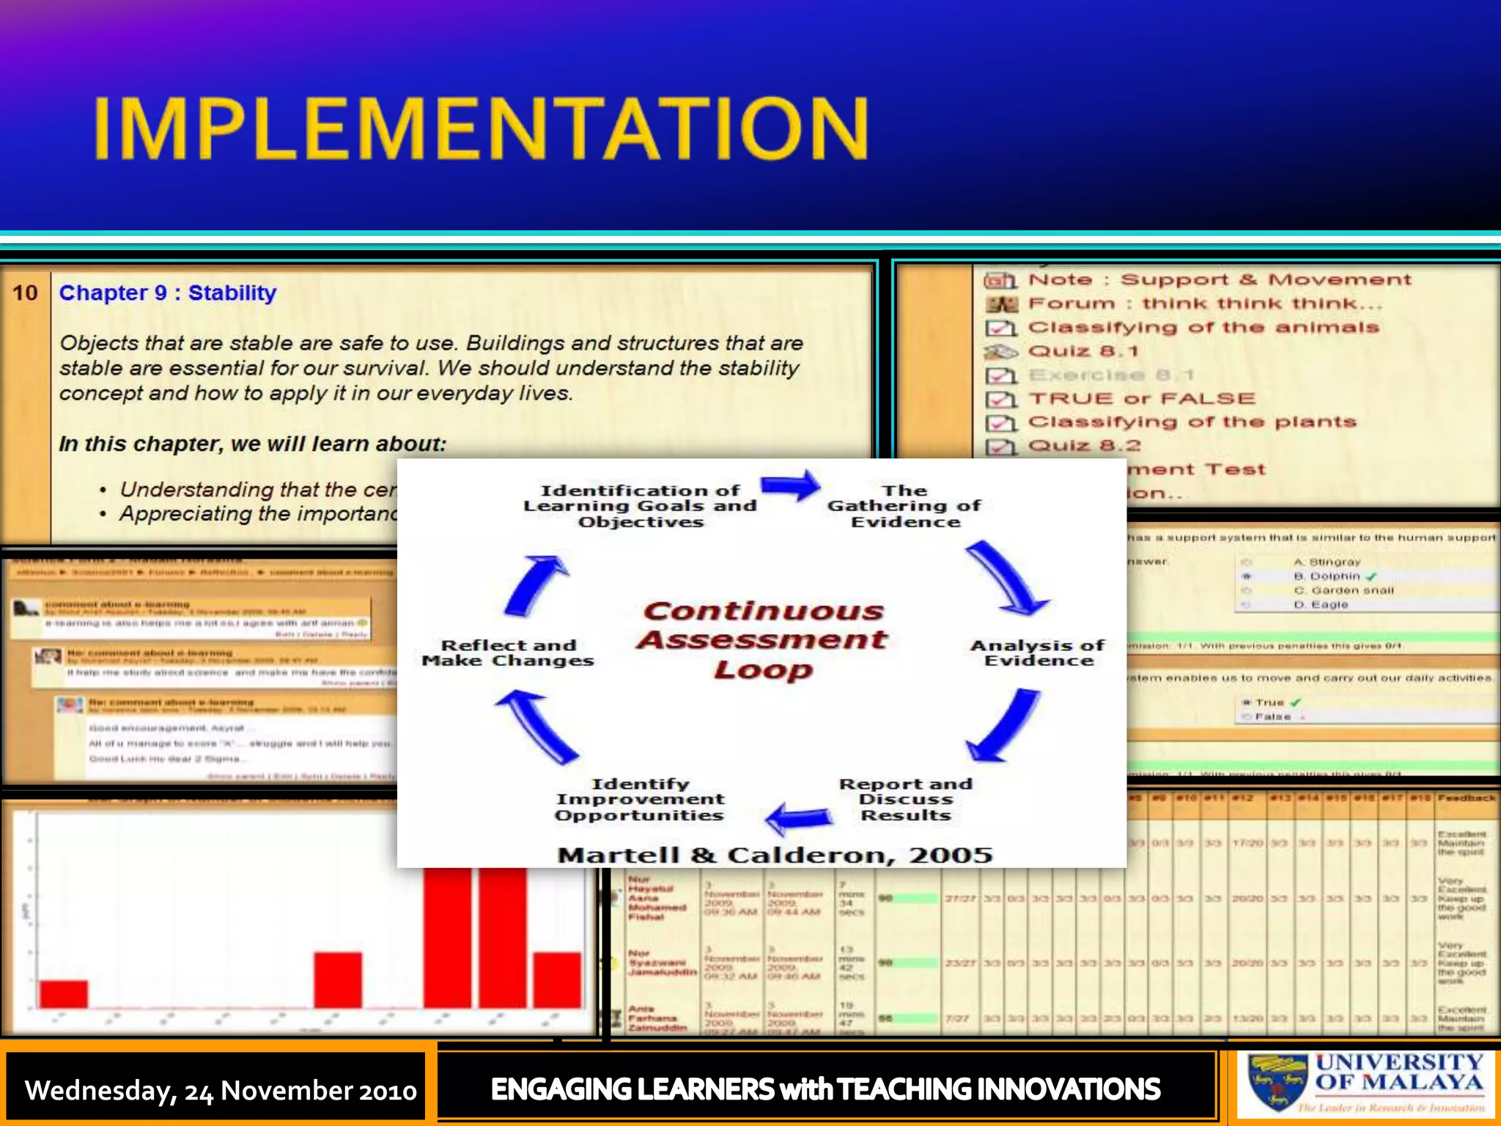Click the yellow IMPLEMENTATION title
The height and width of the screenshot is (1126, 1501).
point(480,128)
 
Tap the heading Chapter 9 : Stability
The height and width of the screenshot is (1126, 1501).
point(167,292)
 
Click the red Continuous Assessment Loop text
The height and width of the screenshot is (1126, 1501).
point(762,639)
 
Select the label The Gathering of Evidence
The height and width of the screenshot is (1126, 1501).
point(904,506)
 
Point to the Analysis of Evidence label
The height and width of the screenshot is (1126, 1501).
point(1037,652)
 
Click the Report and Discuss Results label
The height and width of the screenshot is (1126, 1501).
point(906,799)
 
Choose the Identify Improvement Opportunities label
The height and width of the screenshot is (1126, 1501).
point(639,799)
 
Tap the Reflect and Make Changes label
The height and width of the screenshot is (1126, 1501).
point(508,652)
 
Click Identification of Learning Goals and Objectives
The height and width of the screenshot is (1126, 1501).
point(640,506)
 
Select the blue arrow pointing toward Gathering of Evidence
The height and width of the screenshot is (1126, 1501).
point(790,486)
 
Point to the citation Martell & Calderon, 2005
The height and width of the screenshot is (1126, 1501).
point(775,855)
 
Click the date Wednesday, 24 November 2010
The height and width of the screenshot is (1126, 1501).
point(220,1090)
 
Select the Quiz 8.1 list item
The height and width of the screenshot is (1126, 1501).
point(1083,351)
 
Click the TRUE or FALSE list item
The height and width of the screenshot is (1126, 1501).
point(1141,398)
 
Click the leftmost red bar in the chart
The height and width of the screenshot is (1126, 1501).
point(63,994)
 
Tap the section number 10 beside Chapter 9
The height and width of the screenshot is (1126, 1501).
point(25,292)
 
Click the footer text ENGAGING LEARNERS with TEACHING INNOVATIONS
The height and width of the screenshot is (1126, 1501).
point(825,1089)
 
